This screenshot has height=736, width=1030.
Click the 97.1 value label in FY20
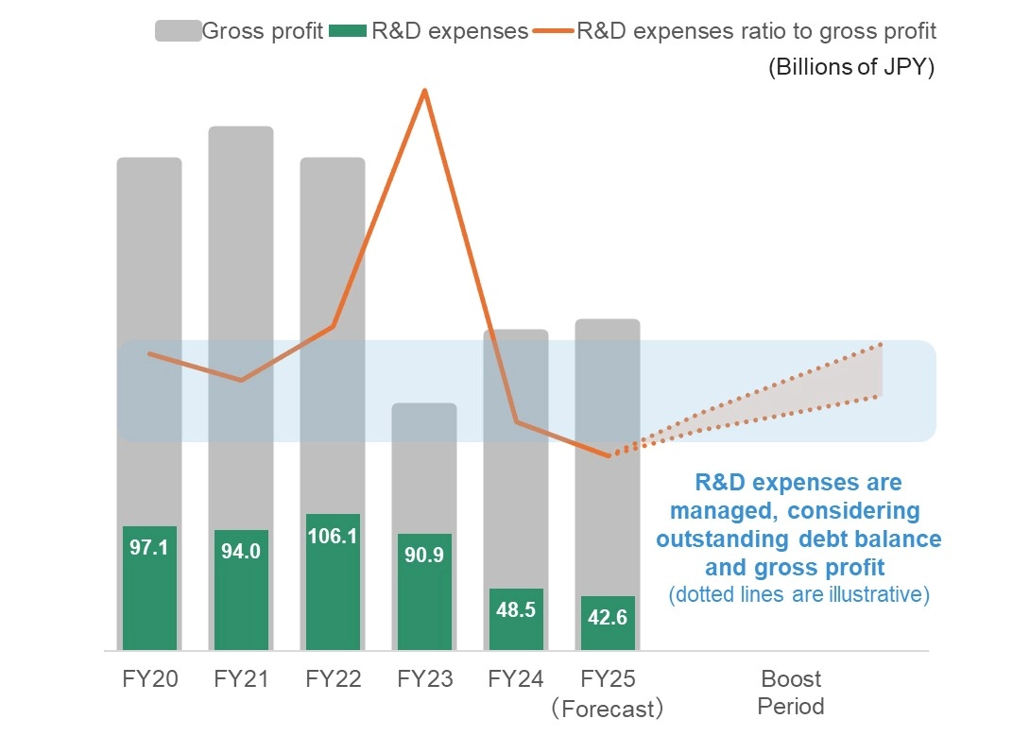coord(149,547)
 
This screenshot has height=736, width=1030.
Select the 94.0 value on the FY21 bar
coord(241,552)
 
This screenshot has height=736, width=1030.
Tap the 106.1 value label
coord(333,536)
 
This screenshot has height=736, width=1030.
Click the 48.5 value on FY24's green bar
coord(516,609)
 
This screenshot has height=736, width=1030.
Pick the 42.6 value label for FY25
coord(608,618)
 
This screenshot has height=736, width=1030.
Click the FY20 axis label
coord(149,679)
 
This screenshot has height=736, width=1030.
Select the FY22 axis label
coord(333,679)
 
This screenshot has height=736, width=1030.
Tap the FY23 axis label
coord(424,679)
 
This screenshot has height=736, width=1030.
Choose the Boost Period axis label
coord(791,693)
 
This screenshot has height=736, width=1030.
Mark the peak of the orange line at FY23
coord(425,91)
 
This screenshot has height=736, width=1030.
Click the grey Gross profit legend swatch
coord(178,31)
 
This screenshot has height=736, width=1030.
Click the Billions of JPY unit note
coord(850,69)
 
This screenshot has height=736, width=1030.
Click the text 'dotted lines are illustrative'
coord(799,595)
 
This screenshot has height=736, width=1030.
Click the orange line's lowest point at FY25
coord(609,456)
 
